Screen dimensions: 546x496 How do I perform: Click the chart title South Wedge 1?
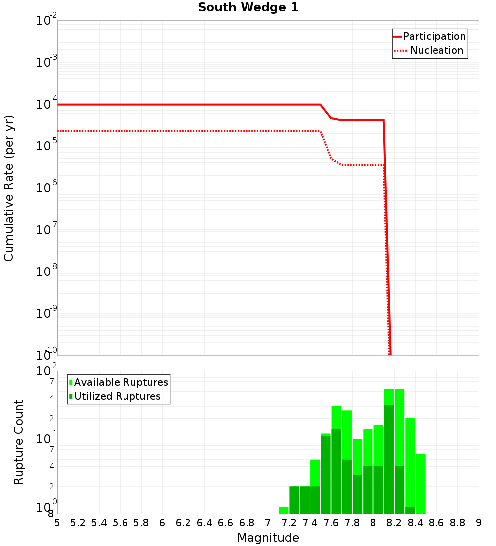248,8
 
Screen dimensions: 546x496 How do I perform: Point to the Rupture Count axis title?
19,442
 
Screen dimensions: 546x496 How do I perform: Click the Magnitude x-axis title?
268,538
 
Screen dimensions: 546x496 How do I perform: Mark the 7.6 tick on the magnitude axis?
331,523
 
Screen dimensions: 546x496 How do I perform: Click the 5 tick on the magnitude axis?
57,523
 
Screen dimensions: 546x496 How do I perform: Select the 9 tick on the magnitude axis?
479,523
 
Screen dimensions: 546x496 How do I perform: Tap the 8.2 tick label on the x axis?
394,523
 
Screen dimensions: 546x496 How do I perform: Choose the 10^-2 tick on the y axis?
47,20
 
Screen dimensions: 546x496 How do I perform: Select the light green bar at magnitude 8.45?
421,484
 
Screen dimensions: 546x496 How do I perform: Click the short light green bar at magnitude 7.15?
284,510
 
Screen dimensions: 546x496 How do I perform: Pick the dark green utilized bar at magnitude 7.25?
294,500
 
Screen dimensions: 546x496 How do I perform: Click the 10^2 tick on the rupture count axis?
47,371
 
